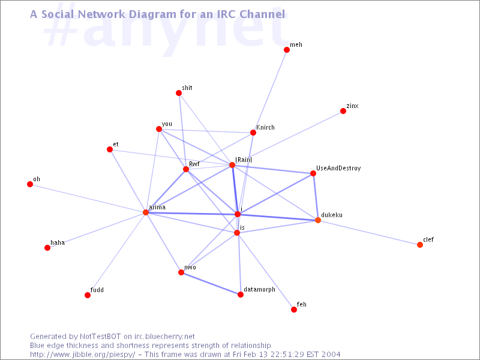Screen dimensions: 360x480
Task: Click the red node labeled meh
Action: pos(287,50)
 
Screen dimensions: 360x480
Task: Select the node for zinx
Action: pos(343,111)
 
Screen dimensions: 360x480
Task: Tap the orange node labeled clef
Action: pos(420,245)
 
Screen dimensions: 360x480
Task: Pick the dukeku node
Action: pos(318,220)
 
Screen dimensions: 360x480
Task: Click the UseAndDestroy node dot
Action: pos(313,173)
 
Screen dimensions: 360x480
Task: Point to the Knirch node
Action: pos(253,133)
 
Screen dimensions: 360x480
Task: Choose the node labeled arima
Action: pos(146,212)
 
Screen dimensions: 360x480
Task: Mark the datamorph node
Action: pos(241,295)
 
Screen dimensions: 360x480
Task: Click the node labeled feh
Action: pos(294,310)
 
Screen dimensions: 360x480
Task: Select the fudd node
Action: pos(88,295)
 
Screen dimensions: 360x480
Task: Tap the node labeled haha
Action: pos(47,248)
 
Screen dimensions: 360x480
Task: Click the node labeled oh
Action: pos(30,184)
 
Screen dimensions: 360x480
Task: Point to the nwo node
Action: pos(181,272)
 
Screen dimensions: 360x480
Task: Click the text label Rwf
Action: pos(194,163)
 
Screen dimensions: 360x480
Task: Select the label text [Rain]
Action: pos(244,159)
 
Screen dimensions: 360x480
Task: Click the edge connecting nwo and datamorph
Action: pos(211,283)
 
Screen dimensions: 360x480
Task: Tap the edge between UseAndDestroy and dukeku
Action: pos(316,197)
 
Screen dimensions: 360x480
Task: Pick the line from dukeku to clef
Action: pos(369,233)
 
